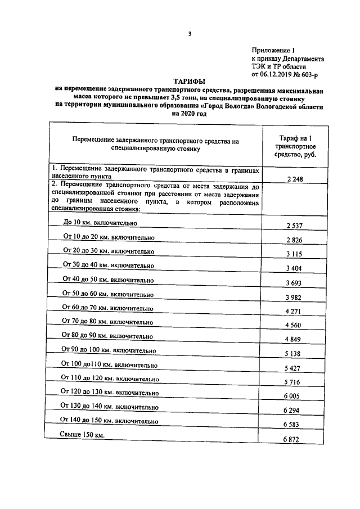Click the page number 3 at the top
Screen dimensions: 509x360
pyautogui.click(x=190, y=34)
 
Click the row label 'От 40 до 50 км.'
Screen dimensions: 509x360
pyautogui.click(x=107, y=279)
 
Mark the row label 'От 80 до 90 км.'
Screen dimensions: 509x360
pyautogui.click(x=107, y=336)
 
